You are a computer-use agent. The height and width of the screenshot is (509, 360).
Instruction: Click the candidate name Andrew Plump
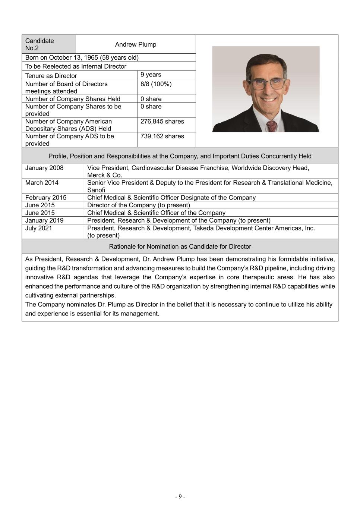click(x=135, y=44)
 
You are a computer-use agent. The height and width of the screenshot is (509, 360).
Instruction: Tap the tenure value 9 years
click(x=151, y=75)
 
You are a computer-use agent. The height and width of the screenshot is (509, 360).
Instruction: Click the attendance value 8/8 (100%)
click(x=156, y=84)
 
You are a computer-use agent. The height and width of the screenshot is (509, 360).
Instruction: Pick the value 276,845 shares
click(x=162, y=121)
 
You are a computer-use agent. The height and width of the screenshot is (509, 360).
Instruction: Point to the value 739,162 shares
click(x=162, y=136)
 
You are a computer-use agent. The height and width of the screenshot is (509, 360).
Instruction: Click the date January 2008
click(x=44, y=168)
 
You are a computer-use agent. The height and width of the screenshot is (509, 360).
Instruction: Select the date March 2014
click(x=42, y=183)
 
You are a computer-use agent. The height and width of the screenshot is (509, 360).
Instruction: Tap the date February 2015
click(x=46, y=198)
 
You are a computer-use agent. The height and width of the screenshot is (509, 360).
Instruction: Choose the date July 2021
click(x=39, y=228)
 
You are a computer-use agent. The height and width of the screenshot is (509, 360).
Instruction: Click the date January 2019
click(x=44, y=220)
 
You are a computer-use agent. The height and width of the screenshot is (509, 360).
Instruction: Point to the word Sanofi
click(x=96, y=190)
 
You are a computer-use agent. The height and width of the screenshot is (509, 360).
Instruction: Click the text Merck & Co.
click(x=105, y=175)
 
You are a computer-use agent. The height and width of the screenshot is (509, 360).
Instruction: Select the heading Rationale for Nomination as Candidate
click(x=180, y=246)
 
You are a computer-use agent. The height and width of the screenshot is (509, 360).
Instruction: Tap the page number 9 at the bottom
click(x=180, y=496)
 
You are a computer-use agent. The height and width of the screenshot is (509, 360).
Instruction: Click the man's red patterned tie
click(x=273, y=126)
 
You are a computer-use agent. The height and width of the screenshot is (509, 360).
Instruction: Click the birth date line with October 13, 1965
click(x=82, y=57)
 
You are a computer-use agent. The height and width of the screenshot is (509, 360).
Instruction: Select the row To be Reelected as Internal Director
click(x=76, y=66)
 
